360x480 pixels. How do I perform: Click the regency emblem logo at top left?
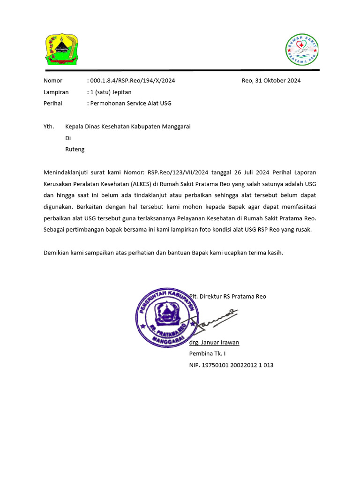click(x=61, y=49)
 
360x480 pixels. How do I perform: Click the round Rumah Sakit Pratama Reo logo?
click(x=302, y=49)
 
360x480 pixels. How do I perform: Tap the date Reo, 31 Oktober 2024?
click(x=271, y=81)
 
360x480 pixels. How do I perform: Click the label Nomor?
click(x=52, y=81)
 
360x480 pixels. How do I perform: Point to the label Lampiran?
click(x=56, y=92)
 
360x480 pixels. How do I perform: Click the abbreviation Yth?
click(x=49, y=127)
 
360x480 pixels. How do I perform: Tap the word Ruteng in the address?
click(x=75, y=150)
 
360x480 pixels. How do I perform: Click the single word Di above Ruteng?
click(x=68, y=138)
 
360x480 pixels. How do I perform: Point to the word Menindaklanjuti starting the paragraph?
click(x=66, y=172)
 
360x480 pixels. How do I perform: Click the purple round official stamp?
click(x=166, y=317)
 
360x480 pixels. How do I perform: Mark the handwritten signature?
click(x=215, y=320)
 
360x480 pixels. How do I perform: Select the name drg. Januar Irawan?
click(x=214, y=342)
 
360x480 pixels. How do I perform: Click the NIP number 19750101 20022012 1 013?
click(x=237, y=365)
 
